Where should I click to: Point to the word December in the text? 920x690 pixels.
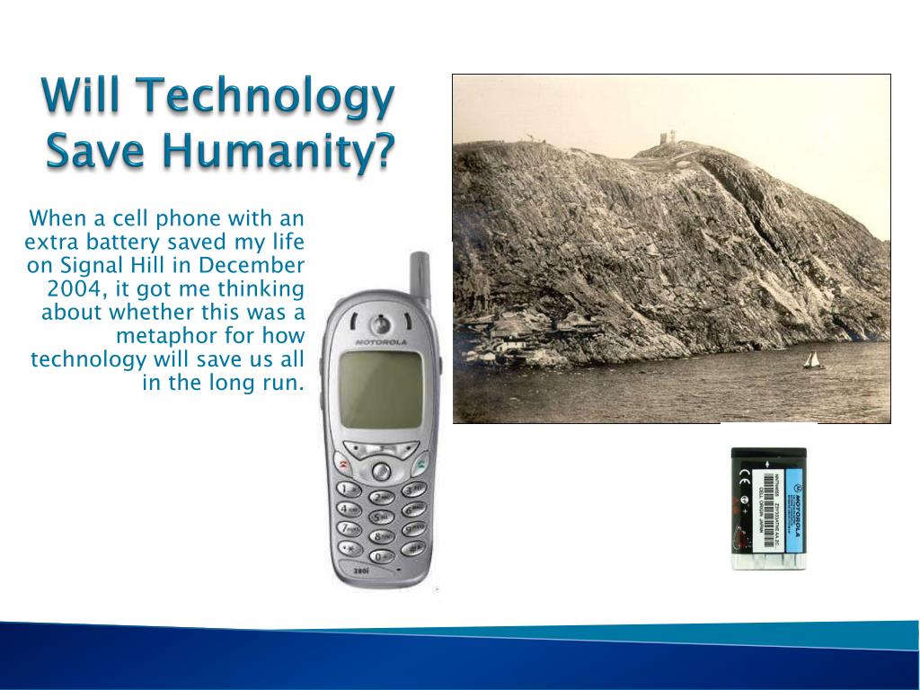click(252, 266)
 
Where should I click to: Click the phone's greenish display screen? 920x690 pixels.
click(380, 389)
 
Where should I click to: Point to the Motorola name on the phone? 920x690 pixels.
click(381, 342)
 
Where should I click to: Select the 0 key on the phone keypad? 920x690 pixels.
click(381, 556)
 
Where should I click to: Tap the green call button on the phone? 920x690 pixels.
click(420, 464)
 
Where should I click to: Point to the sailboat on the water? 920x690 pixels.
click(813, 360)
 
